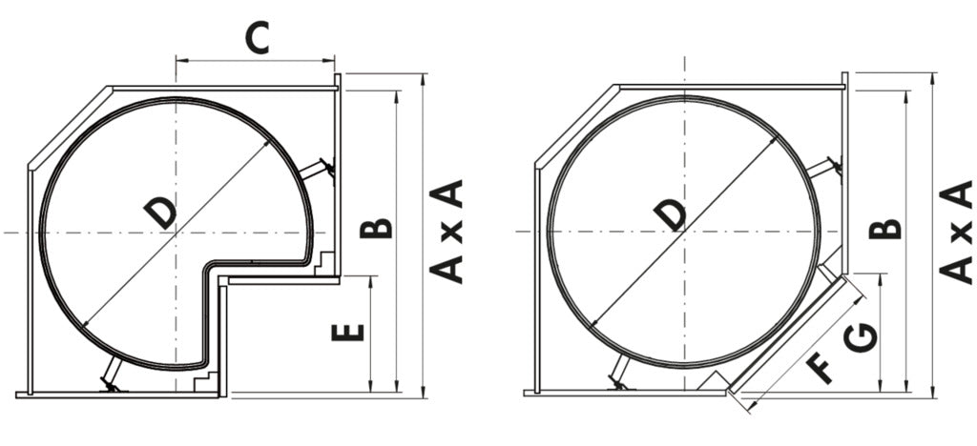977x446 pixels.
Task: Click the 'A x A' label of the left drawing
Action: pyautogui.click(x=446, y=230)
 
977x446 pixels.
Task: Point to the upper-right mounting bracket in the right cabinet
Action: pyautogui.click(x=825, y=169)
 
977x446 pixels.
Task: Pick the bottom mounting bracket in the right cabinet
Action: pyautogui.click(x=621, y=374)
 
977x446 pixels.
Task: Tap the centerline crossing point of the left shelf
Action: pyautogui.click(x=175, y=232)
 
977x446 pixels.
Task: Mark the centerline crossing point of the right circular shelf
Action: pyautogui.click(x=685, y=232)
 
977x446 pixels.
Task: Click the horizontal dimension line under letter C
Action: pyautogui.click(x=256, y=60)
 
